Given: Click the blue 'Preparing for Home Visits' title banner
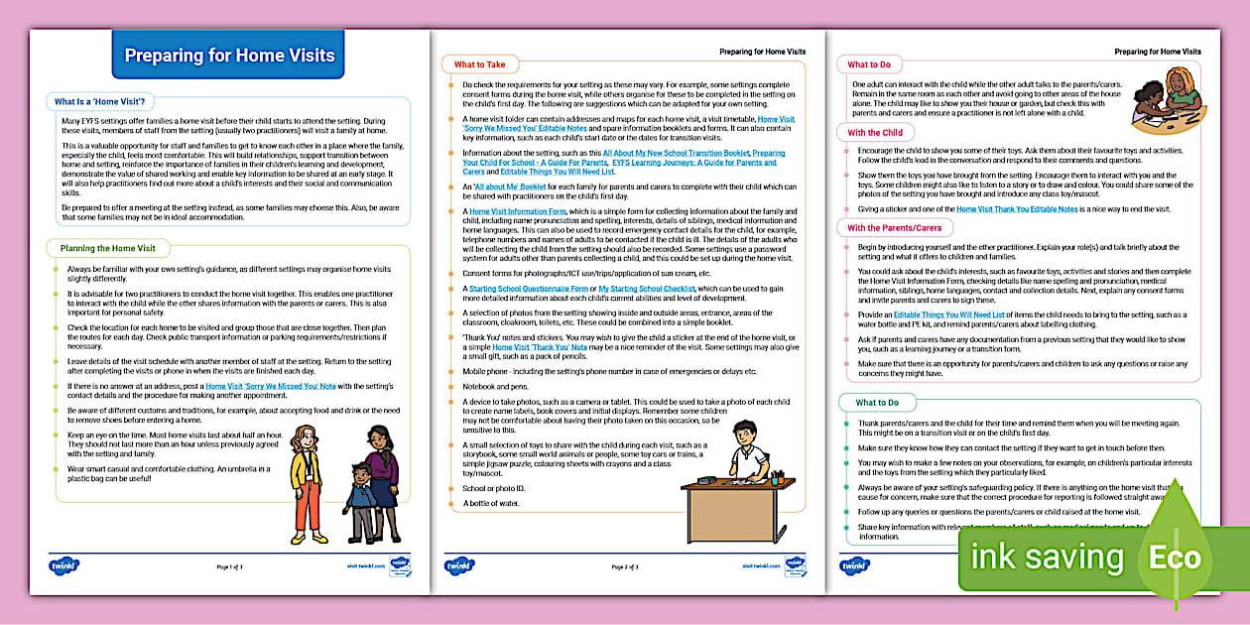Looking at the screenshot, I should click(229, 57).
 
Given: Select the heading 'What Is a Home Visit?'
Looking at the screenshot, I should click(99, 101).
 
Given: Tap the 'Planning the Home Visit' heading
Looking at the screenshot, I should click(107, 247).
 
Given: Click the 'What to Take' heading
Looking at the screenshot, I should click(479, 65).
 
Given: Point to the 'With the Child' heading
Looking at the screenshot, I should click(875, 133).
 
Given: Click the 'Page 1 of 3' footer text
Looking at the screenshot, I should click(229, 566).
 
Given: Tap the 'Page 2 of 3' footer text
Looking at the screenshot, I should click(624, 566).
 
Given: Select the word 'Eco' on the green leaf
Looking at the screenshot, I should click(1176, 558).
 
